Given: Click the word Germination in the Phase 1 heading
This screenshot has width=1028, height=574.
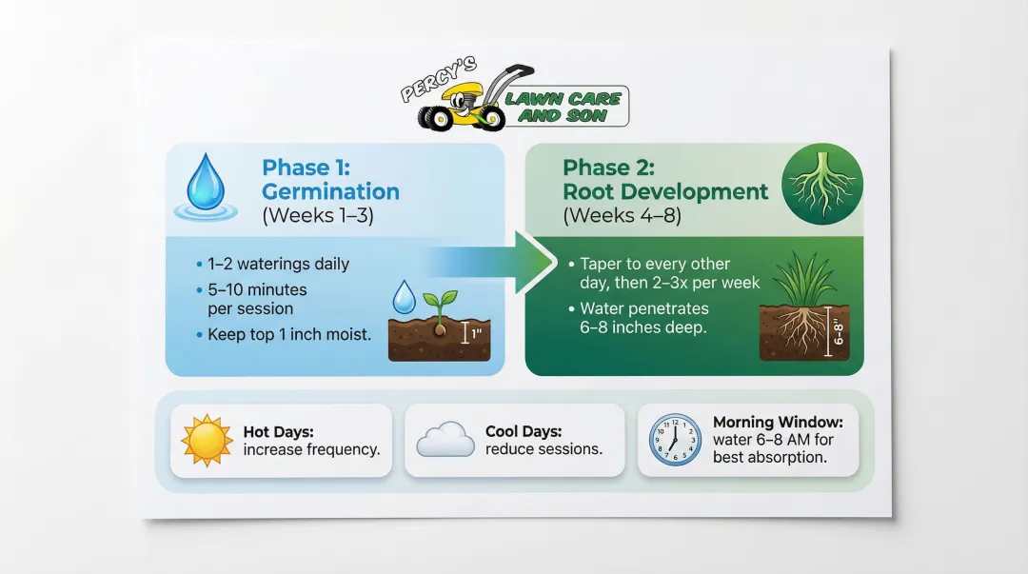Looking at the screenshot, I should coord(330,191).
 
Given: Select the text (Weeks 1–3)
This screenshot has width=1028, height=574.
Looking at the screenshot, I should coord(317,215).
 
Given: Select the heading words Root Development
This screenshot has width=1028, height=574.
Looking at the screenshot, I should coord(665,191).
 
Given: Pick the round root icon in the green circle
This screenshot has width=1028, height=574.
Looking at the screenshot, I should coord(821,183).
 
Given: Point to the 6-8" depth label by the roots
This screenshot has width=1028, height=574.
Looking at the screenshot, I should coord(839,331).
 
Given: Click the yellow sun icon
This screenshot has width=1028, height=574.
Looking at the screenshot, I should coord(207,440).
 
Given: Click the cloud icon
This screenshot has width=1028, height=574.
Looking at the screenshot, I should coord(445,440).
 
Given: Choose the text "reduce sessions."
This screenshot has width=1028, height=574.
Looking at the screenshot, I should coord(544,448).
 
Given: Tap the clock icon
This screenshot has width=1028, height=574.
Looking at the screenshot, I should coord(675,439).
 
